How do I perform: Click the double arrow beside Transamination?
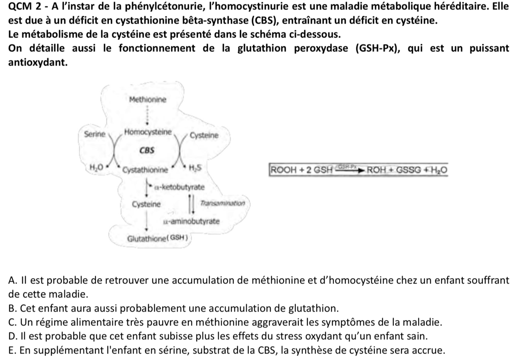pos(191,204)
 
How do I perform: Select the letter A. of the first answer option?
pos(12,280)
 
